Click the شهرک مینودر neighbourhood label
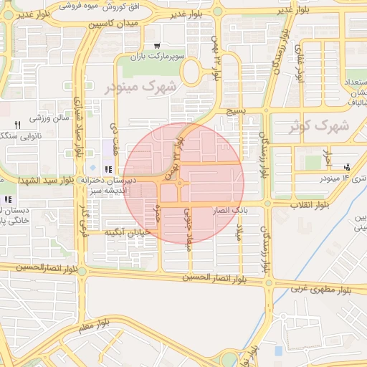pos(143,87)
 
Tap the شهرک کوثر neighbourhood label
pos(319,126)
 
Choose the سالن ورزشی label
pos(48,119)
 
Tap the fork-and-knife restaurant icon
pos(16,124)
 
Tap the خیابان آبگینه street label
pos(127,232)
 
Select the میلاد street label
pos(242,232)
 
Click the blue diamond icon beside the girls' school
pos(92,168)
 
